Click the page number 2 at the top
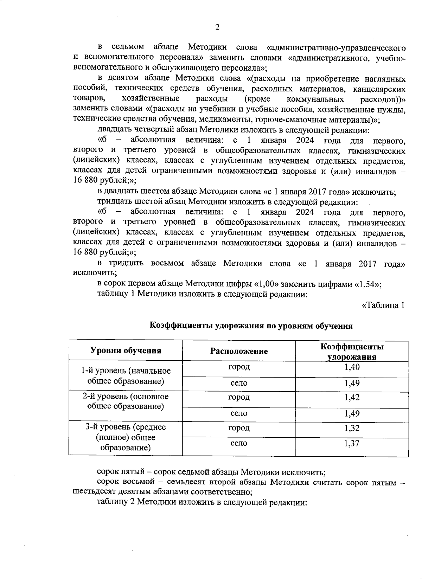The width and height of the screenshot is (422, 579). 217,27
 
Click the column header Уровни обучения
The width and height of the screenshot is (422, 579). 126,350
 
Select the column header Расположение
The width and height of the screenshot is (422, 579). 239,351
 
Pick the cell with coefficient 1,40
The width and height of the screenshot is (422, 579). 352,367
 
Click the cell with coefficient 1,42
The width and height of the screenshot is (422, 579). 352,398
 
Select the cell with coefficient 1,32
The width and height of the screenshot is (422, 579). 352,428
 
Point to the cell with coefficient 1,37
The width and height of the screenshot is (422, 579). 352,443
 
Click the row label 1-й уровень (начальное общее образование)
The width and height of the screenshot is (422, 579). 126,376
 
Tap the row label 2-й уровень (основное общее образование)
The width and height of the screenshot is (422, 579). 126,401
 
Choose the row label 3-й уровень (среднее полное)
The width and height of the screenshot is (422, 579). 126,437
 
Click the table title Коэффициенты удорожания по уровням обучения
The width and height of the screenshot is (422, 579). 251,326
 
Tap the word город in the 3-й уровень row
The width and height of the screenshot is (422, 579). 239,428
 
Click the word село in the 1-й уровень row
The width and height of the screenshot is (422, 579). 239,383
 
